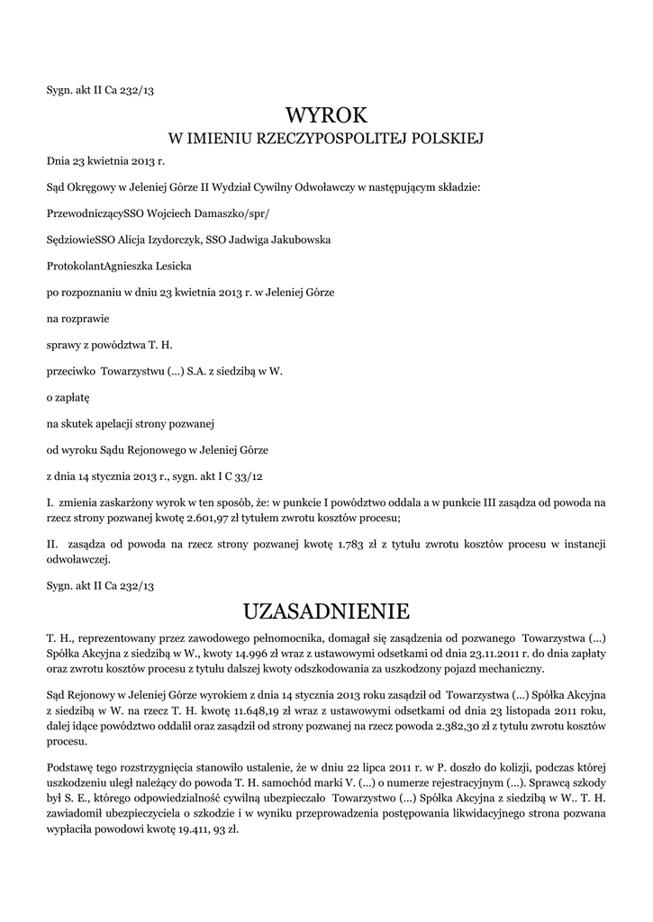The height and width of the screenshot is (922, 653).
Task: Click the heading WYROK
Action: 326,115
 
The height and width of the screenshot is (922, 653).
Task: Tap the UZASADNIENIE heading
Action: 326,612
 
